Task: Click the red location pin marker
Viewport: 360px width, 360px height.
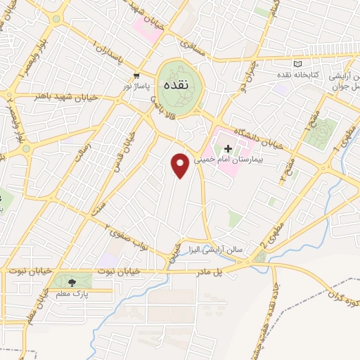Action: click(181, 165)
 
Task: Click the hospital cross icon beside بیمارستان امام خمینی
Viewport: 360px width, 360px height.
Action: click(228, 148)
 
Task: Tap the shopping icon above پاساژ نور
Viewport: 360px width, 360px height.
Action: click(136, 75)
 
